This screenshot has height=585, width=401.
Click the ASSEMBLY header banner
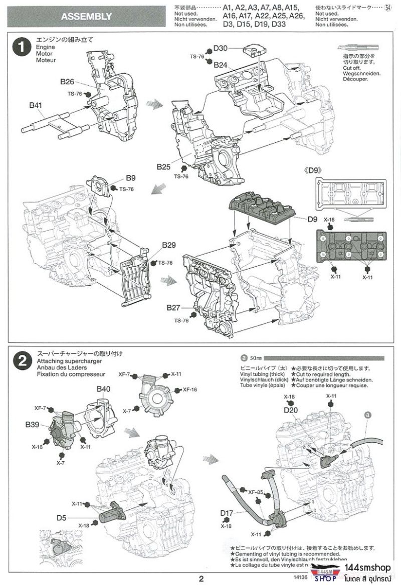coord(86,16)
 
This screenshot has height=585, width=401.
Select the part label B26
coord(67,82)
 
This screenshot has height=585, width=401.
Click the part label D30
coord(220,48)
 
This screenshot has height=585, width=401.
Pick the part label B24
coord(220,65)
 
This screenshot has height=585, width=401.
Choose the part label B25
coord(163,166)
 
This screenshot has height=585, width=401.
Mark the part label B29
coord(169,245)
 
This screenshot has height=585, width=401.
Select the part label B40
coord(103,389)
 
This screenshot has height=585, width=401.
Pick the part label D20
coord(291,410)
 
